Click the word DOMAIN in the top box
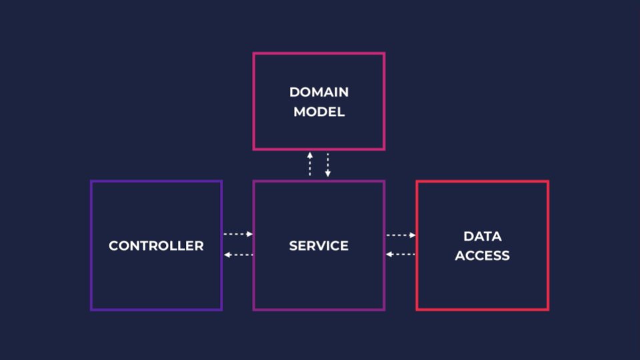click(319, 92)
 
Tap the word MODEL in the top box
click(319, 112)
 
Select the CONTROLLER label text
click(156, 246)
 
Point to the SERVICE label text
click(319, 246)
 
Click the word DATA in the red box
click(482, 236)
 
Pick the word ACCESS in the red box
click(482, 255)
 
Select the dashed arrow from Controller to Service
click(237, 234)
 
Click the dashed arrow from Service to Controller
click(237, 255)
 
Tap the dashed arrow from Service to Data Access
click(401, 235)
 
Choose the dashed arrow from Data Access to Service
click(401, 254)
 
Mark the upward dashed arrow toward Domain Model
click(310, 164)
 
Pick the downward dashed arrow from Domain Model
click(327, 165)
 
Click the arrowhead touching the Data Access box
click(413, 235)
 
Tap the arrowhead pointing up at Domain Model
click(310, 155)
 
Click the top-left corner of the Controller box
click(91, 181)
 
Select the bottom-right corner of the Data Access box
click(547, 309)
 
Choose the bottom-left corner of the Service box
click(254, 309)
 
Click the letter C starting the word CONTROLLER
click(113, 246)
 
